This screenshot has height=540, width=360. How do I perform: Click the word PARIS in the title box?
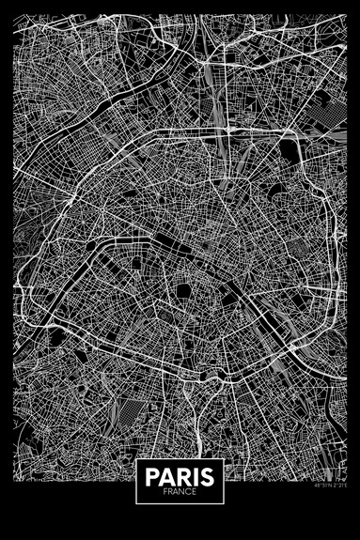[180, 476]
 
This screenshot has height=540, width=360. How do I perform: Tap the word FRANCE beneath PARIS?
[180, 491]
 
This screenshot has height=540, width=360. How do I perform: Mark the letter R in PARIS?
[181, 476]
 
